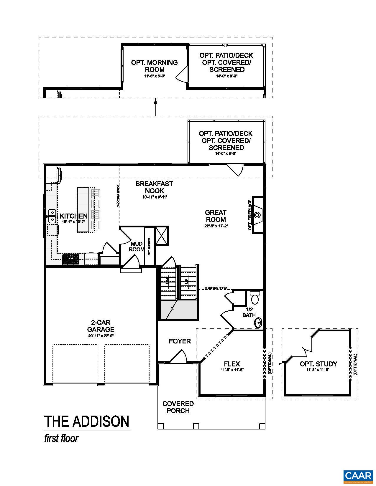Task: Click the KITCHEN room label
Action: point(73,216)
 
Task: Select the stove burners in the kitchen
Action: point(71,259)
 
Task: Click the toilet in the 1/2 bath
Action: point(255,298)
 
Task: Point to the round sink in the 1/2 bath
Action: point(259,323)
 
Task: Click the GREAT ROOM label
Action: point(216,216)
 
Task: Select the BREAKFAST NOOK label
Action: point(154,187)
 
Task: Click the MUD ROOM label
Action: point(137,247)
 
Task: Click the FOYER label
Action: point(180,341)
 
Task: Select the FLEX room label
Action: point(232,364)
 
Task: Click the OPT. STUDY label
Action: point(318,364)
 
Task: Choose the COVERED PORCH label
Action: point(178,407)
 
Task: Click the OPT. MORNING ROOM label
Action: point(155,66)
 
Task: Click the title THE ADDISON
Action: point(87,421)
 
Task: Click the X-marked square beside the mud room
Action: point(162,235)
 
